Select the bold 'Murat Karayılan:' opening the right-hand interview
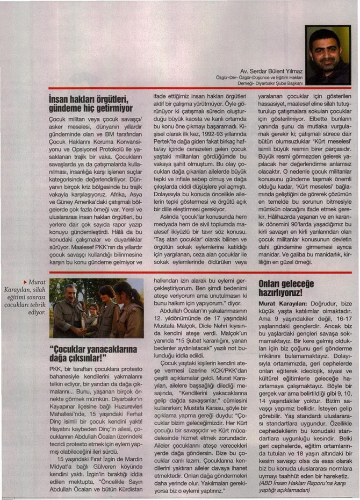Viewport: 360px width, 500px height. [x=279, y=303]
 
